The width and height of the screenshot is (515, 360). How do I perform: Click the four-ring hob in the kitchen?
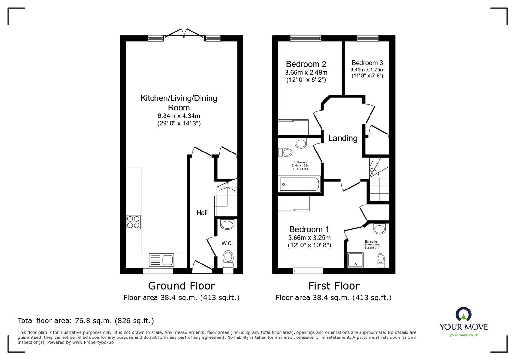tap(134, 222)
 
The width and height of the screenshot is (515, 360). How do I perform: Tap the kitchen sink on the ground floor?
tap(162, 259)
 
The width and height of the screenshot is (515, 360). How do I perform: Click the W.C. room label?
tap(227, 243)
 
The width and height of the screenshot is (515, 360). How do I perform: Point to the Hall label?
tap(202, 213)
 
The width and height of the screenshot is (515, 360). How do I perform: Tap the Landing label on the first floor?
tap(343, 138)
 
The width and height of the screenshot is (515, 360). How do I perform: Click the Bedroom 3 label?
tap(367, 63)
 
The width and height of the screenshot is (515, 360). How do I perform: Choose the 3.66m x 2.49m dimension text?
tap(306, 73)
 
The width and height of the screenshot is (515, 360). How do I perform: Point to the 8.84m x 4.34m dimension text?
tap(179, 115)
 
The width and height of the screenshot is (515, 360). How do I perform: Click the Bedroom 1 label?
tap(309, 229)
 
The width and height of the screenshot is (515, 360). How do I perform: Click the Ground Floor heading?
tap(181, 286)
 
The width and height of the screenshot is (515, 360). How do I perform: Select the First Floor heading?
tap(333, 286)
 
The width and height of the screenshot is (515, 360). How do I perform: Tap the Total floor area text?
tap(86, 321)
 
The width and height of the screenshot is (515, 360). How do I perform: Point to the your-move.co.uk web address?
tap(464, 335)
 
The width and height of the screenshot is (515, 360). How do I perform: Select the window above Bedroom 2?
tap(305, 38)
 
